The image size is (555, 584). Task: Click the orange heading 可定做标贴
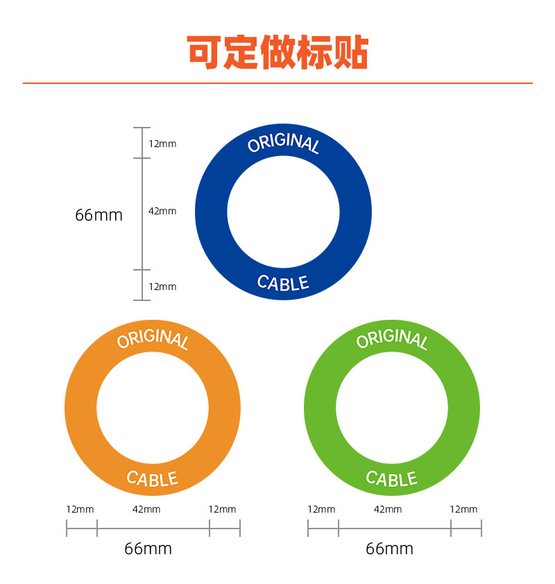click(277, 52)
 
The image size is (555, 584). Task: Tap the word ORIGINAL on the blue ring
click(283, 144)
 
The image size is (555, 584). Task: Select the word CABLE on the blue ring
click(283, 282)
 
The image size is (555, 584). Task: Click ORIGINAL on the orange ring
click(153, 339)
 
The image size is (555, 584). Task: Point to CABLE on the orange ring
click(153, 478)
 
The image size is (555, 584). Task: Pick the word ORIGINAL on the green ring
click(392, 339)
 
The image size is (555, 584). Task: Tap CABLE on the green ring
click(392, 478)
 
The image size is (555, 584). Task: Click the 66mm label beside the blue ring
click(99, 215)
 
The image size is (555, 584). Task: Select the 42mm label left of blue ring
click(162, 211)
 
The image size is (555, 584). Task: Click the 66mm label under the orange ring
click(148, 549)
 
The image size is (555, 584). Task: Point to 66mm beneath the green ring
click(389, 549)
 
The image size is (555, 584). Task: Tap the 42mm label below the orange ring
click(146, 509)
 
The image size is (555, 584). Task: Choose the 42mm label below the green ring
click(388, 509)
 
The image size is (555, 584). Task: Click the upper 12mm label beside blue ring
click(162, 144)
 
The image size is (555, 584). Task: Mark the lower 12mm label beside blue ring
click(162, 286)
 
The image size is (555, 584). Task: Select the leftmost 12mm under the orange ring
click(80, 509)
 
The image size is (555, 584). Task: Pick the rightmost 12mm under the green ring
click(463, 509)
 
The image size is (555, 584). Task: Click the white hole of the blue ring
click(283, 212)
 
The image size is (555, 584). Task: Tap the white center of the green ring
click(392, 408)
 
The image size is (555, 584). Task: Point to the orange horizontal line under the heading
click(277, 83)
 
